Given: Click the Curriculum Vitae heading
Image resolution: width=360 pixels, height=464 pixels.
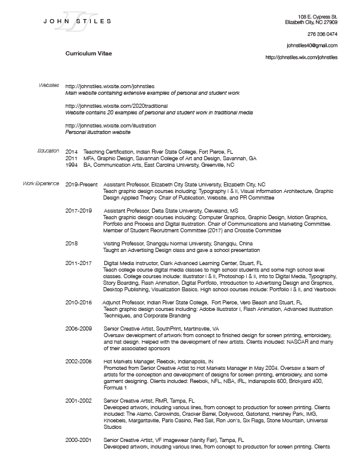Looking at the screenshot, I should click(x=88, y=54).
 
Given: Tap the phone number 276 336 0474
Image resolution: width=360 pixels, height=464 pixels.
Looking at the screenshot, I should click(x=322, y=34).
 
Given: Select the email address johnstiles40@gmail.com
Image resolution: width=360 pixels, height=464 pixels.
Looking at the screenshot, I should click(x=312, y=45).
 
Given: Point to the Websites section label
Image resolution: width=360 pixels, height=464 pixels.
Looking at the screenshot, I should click(x=49, y=86).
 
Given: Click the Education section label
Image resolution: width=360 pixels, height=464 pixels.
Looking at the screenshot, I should click(x=48, y=151).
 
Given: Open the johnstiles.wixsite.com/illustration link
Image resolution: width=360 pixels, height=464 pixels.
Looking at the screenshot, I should click(x=110, y=126).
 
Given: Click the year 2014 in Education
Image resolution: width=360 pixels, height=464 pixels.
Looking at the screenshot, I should click(x=72, y=152).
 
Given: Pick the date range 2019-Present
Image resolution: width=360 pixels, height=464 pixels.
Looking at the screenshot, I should click(x=80, y=185).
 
